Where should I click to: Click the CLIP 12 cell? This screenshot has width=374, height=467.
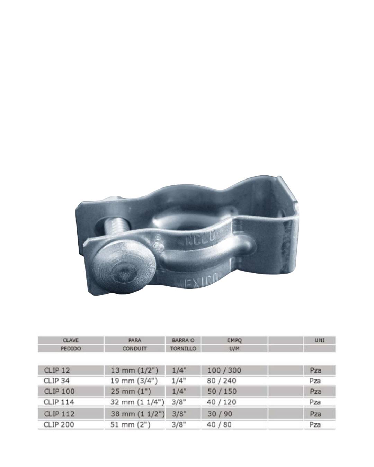click(57, 370)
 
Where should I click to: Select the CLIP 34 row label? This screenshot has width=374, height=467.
click(56, 381)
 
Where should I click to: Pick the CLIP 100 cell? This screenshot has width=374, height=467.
click(59, 391)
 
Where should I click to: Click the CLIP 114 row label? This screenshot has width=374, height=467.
click(59, 402)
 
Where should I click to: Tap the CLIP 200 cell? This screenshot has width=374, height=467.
click(59, 424)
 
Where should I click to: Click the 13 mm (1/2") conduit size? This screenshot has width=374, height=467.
click(134, 370)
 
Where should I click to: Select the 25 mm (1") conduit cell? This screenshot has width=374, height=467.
click(131, 392)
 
